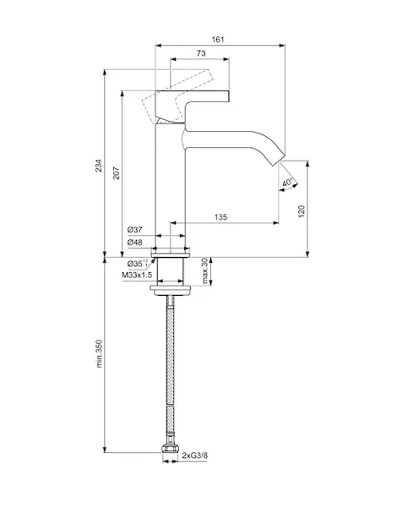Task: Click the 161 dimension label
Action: pyautogui.click(x=218, y=40)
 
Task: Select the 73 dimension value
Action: pyautogui.click(x=201, y=53)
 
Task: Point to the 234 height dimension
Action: pyautogui.click(x=98, y=166)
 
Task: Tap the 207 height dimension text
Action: pyautogui.click(x=116, y=173)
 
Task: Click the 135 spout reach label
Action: pyautogui.click(x=220, y=216)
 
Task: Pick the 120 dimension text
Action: pyautogui.click(x=302, y=211)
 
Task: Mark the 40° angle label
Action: pyautogui.click(x=287, y=183)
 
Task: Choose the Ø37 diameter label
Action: pyautogui.click(x=135, y=230)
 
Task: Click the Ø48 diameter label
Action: pyautogui.click(x=135, y=243)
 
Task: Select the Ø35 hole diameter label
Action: pyautogui.click(x=137, y=264)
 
